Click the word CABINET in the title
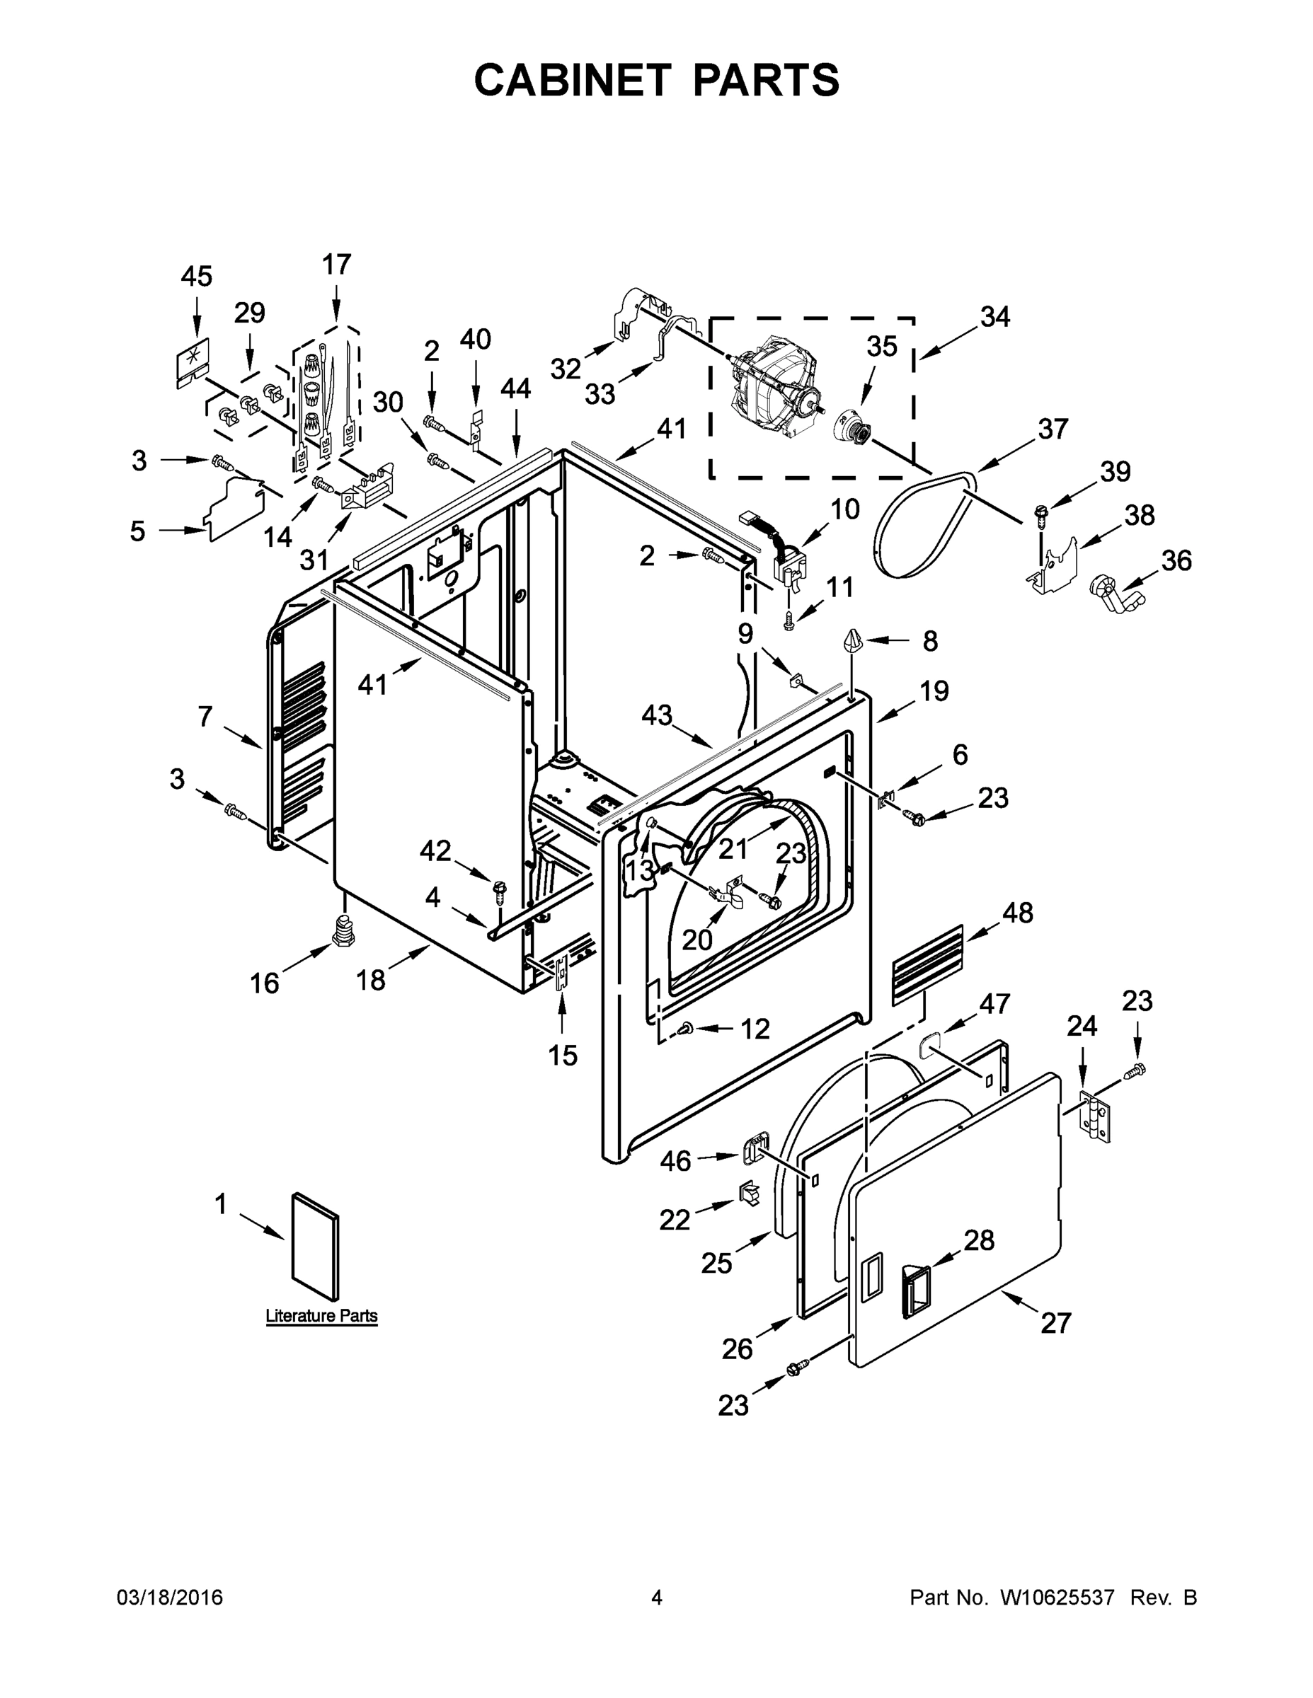click(x=572, y=80)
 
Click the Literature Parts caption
click(x=321, y=1315)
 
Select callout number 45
click(x=196, y=276)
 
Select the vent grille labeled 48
click(x=927, y=964)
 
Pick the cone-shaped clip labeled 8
click(x=852, y=642)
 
